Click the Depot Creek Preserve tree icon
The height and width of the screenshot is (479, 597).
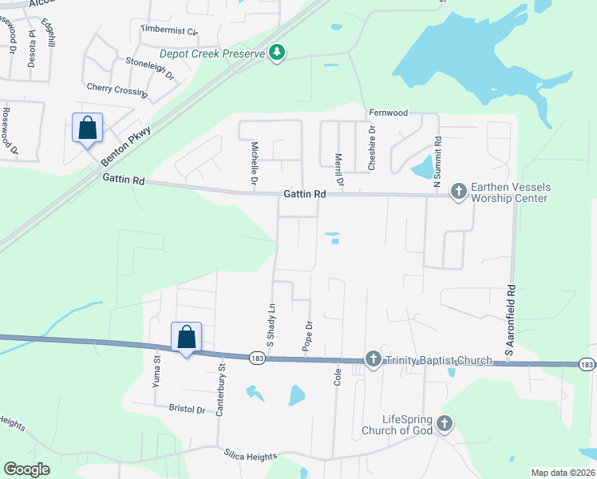[x=277, y=53]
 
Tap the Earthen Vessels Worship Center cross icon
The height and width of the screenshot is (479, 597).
[x=458, y=191]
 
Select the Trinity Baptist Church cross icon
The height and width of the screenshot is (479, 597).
[x=373, y=360]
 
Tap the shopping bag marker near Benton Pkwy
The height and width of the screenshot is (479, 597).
[x=87, y=128]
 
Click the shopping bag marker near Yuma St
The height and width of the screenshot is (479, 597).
[x=186, y=337]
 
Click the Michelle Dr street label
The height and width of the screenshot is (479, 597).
[x=255, y=164]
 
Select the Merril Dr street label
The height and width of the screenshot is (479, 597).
[x=338, y=170]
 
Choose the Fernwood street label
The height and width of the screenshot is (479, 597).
[x=388, y=113]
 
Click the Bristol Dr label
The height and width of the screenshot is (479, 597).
[x=188, y=409]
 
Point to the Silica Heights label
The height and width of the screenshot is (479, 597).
[x=250, y=453]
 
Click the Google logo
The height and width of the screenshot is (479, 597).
[x=26, y=469]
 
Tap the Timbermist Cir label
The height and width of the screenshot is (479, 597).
[x=168, y=30]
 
